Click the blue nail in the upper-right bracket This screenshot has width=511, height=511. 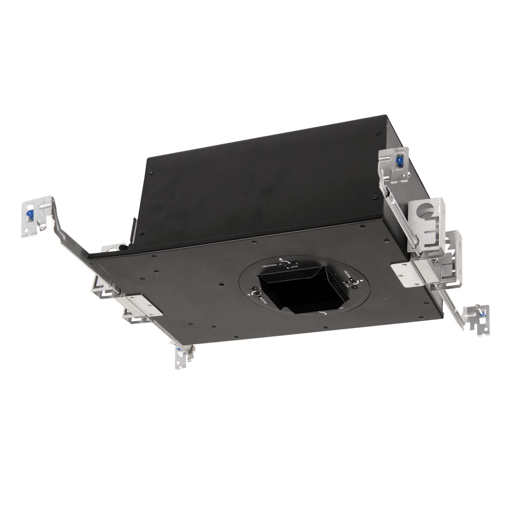[400, 161]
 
